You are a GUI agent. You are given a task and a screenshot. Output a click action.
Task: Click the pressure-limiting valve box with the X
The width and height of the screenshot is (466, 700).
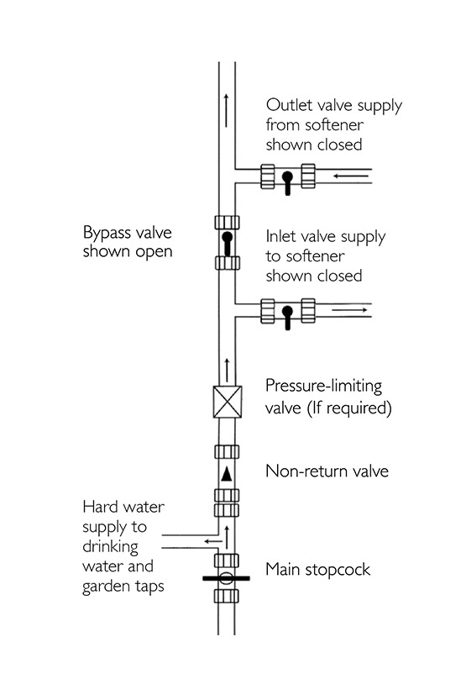(x=226, y=399)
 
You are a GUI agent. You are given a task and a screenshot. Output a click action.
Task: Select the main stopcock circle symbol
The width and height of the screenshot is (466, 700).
(x=226, y=578)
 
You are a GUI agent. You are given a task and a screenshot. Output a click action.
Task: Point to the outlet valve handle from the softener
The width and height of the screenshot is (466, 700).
(x=287, y=181)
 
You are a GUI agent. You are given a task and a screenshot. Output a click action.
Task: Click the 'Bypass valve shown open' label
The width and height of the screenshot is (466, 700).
(x=128, y=241)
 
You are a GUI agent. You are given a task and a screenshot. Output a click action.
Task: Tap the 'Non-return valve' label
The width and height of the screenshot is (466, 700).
(x=327, y=471)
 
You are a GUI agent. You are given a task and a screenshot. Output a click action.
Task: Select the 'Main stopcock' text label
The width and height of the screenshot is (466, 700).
(x=317, y=570)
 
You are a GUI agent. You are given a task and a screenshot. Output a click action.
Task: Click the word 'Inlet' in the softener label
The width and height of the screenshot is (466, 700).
(x=283, y=237)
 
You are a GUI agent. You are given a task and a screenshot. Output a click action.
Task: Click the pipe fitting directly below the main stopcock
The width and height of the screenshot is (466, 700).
(x=226, y=597)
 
